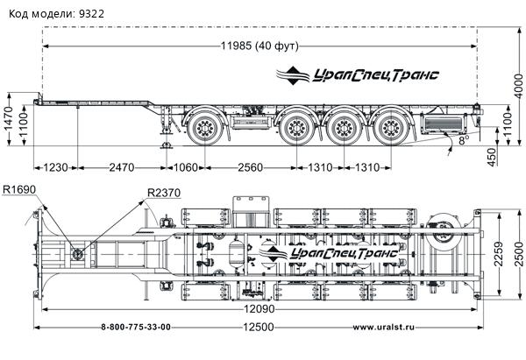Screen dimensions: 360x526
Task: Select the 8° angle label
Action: (463, 138)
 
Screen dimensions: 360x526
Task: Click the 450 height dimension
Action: (492, 156)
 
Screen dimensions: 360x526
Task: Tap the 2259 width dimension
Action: (499, 254)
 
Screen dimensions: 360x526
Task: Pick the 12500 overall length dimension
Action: (256, 328)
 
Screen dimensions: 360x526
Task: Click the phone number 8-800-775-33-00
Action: (136, 328)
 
